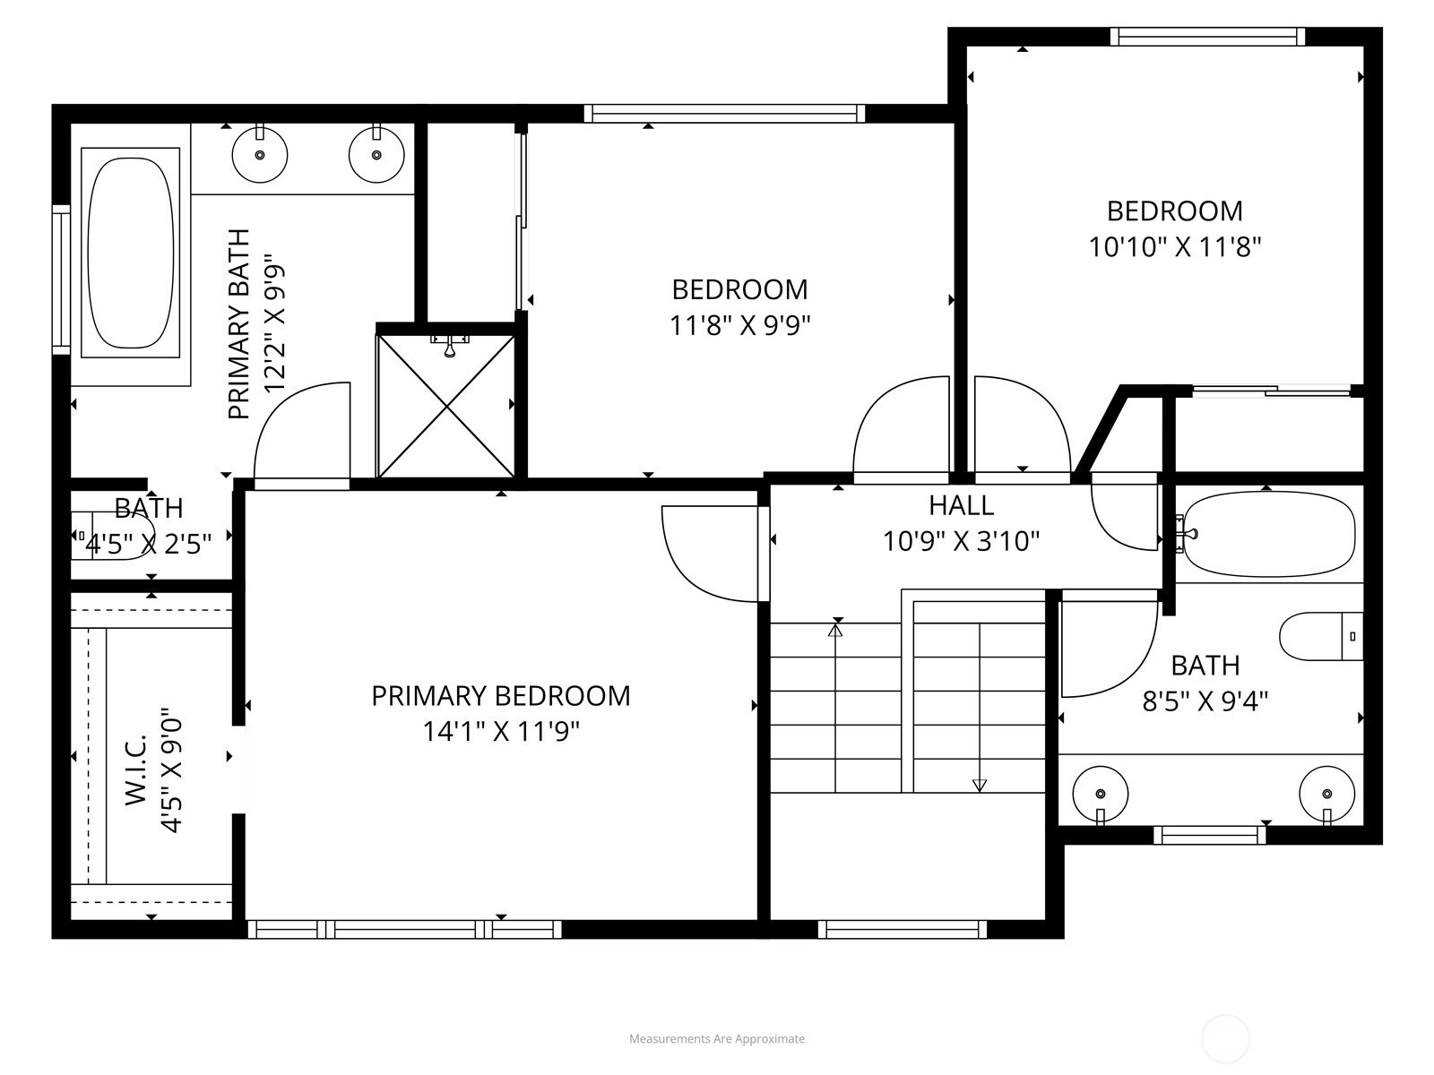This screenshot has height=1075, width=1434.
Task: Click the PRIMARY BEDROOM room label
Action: click(x=501, y=696)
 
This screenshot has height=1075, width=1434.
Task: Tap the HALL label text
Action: click(x=961, y=505)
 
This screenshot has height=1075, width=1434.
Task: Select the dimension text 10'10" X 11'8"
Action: click(x=1174, y=247)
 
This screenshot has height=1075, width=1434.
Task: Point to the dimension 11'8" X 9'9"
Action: click(x=739, y=325)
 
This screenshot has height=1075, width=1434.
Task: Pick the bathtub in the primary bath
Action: click(x=131, y=254)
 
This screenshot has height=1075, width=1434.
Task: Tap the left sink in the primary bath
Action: click(x=260, y=155)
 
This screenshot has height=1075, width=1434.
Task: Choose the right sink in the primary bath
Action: click(x=376, y=155)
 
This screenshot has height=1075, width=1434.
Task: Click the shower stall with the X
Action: click(x=446, y=406)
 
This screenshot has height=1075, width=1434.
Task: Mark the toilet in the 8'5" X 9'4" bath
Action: click(x=1321, y=636)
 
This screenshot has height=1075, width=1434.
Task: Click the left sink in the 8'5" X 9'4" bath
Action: click(x=1101, y=795)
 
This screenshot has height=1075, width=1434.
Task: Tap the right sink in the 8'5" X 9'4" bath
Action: click(x=1326, y=795)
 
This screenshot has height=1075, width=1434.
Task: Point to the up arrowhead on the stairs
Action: click(x=835, y=630)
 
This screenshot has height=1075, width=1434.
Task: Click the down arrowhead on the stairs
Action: click(x=980, y=786)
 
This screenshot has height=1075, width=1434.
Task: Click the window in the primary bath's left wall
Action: click(x=61, y=279)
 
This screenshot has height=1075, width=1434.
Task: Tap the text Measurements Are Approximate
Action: click(x=717, y=1038)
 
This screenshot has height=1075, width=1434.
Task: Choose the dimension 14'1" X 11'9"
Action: click(x=501, y=732)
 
